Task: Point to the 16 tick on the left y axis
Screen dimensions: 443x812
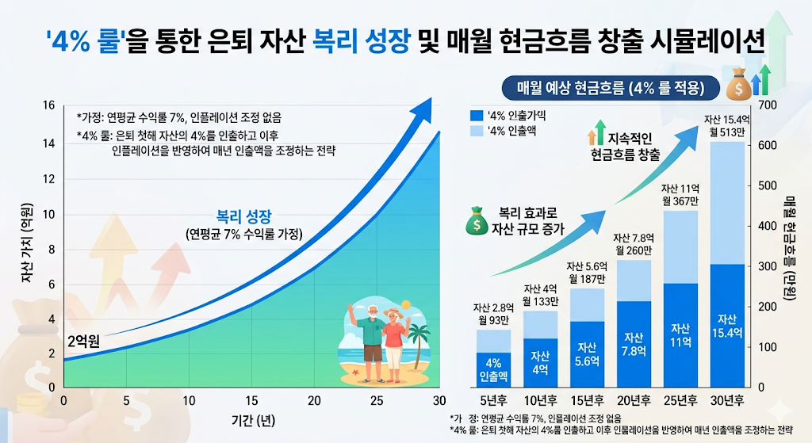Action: point(48,105)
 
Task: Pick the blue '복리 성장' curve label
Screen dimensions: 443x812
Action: point(245,215)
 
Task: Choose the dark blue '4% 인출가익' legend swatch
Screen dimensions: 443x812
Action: point(476,115)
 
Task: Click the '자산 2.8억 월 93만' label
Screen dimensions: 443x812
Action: point(493,314)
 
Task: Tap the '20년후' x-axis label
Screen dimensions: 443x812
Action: point(633,401)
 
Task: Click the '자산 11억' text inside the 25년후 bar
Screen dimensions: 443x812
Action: point(680,334)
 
